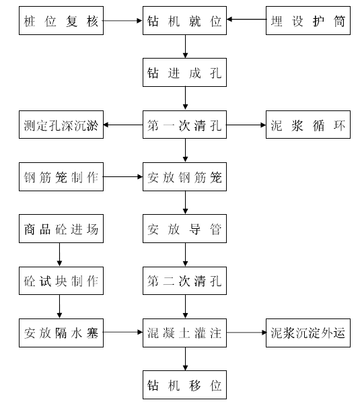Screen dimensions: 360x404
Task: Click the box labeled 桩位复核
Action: coord(61,21)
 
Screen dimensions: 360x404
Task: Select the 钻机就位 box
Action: coord(184,21)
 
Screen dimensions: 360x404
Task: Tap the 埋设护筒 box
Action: coord(308,21)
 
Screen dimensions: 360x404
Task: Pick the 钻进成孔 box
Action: coord(184,73)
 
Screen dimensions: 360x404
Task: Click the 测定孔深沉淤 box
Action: coord(61,125)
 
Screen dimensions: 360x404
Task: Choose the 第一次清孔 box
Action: coord(184,125)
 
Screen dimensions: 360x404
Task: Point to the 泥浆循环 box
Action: coord(308,125)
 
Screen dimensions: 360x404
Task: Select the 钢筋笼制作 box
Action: coord(61,176)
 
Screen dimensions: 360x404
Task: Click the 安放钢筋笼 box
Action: coord(184,176)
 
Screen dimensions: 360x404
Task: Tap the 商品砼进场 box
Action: coord(61,228)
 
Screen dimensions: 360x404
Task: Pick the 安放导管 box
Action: coord(184,228)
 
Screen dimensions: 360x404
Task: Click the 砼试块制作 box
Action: coord(61,281)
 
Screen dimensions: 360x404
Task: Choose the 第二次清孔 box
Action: coord(184,281)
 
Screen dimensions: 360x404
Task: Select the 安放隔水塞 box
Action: coord(61,333)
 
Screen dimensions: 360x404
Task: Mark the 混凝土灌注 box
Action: coord(184,333)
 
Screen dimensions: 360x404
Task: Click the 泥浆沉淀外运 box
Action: coord(308,333)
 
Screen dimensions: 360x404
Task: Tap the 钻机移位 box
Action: coord(184,385)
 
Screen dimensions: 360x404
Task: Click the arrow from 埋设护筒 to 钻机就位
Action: coord(246,20)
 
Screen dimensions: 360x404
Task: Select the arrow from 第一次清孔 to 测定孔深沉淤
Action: coord(123,125)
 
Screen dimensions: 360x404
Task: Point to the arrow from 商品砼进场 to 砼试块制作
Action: coord(59,255)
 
